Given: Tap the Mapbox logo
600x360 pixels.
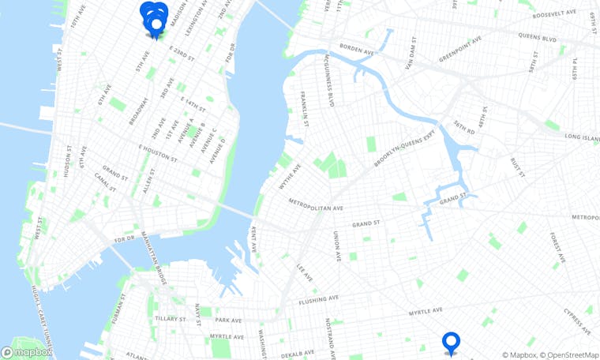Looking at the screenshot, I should pos(27,352).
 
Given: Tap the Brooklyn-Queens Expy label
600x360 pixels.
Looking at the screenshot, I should pos(404,149).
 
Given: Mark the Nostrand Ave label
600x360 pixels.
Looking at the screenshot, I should pos(327,334).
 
